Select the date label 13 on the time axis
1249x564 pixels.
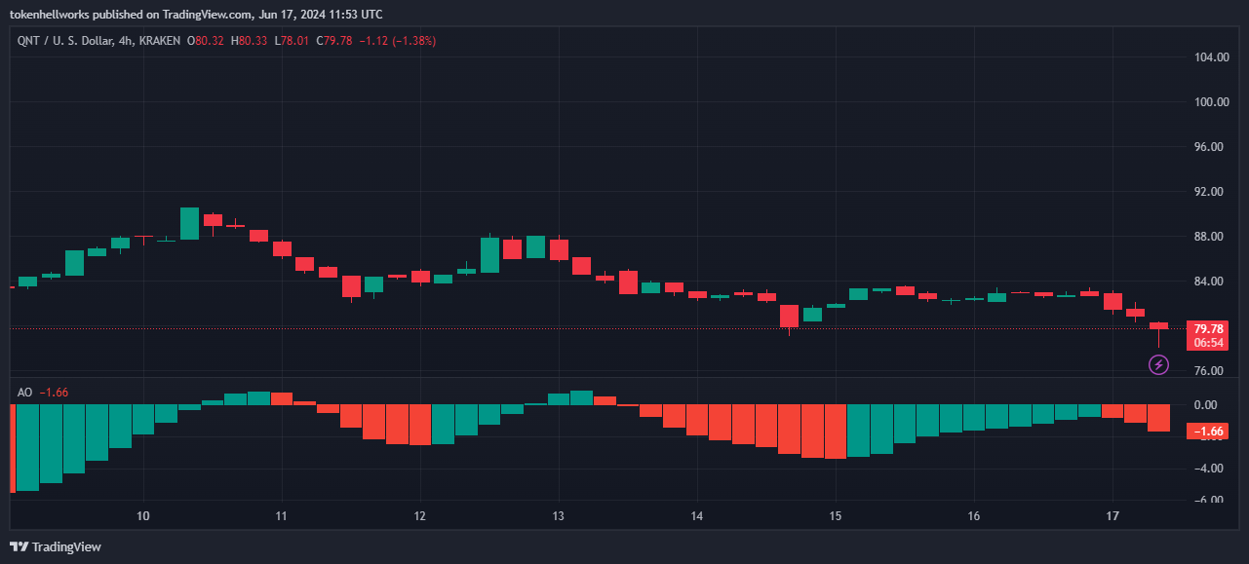[558, 514]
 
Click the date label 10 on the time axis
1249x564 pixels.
[143, 514]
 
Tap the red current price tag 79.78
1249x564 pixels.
[1208, 328]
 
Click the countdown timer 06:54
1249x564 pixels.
[1208, 342]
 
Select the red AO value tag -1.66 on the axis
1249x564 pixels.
[1208, 431]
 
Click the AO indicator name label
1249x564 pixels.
[25, 393]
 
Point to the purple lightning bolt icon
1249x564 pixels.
[1158, 364]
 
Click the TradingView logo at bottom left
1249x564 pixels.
[56, 546]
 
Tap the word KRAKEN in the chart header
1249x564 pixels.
[161, 41]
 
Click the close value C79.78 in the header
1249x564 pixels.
[337, 41]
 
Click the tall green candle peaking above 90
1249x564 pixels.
[189, 223]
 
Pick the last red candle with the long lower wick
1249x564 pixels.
[1158, 325]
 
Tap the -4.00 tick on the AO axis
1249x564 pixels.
[1206, 469]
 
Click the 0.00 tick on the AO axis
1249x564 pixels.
[1206, 404]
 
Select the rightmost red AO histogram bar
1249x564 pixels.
[1158, 418]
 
